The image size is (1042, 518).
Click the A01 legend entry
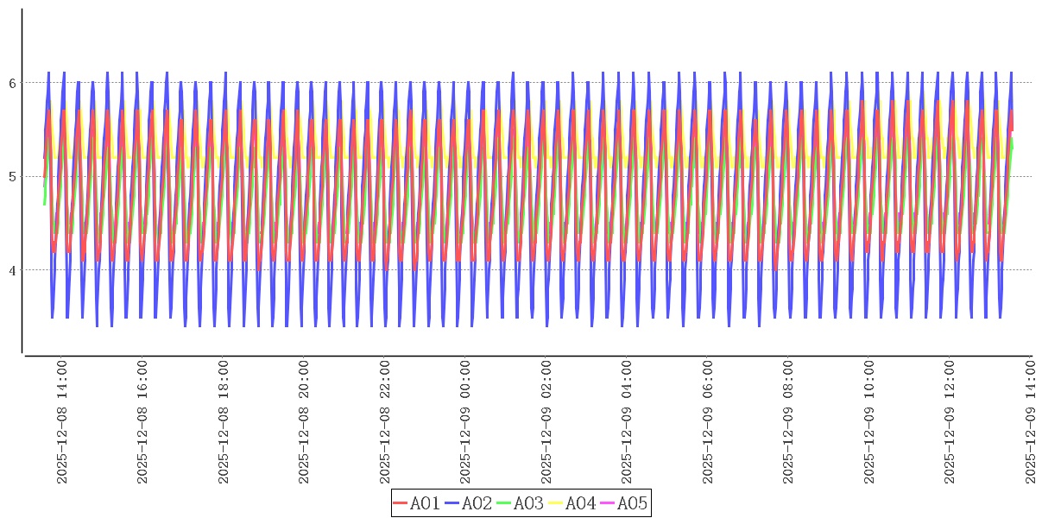417,503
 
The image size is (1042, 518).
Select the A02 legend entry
469,503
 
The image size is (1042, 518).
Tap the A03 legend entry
521,503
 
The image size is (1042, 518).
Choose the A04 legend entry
572,503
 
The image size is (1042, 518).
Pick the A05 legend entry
624,503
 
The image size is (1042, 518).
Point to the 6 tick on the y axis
13,83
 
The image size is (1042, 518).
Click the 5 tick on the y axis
13,177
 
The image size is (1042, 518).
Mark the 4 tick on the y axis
13,270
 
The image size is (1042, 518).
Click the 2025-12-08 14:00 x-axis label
62,422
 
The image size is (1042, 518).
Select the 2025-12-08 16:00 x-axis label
142,422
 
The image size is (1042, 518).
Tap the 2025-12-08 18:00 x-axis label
224,422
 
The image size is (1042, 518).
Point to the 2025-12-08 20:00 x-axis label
304,422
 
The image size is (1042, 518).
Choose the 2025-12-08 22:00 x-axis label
385,422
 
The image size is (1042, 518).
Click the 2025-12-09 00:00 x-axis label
465,422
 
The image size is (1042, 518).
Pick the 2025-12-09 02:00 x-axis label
546,422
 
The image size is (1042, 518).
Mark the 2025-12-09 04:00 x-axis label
627,422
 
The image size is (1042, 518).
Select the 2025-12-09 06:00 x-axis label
708,422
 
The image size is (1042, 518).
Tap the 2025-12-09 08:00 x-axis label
788,422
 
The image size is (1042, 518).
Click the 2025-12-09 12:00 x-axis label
950,422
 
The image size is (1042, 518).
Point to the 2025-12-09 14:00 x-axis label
1031,422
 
